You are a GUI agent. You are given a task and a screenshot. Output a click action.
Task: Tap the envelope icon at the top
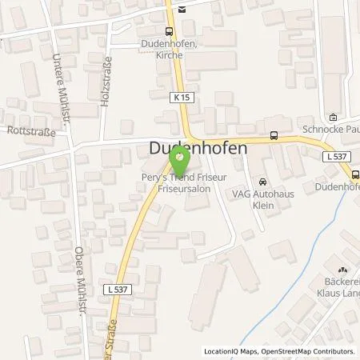(x=182, y=9)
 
